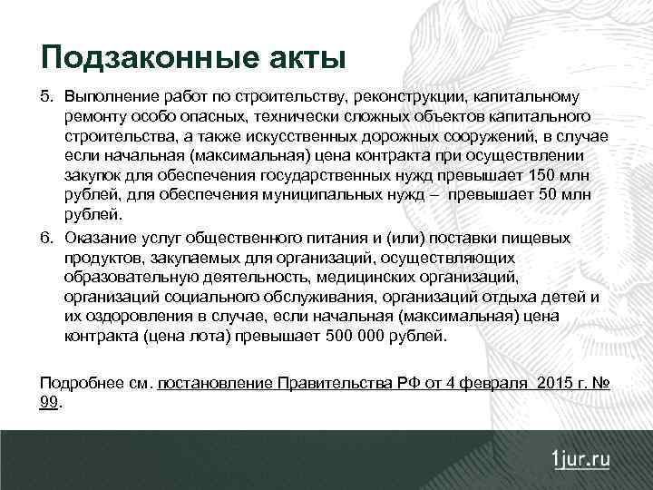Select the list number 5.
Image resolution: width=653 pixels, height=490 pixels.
click(46, 96)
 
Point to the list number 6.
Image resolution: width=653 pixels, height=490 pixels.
click(46, 238)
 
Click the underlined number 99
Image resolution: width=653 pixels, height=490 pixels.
click(49, 401)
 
